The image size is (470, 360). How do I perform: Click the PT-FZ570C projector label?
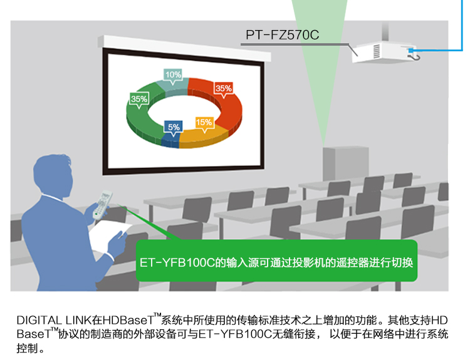pyautogui.click(x=283, y=35)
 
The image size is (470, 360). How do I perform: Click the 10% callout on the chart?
pyautogui.click(x=173, y=76)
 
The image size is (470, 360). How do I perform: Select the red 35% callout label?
pyautogui.click(x=224, y=90)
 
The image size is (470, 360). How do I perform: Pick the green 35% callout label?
pyautogui.click(x=139, y=100)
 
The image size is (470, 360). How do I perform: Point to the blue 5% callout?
pyautogui.click(x=174, y=128)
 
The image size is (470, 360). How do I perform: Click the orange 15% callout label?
pyautogui.click(x=204, y=123)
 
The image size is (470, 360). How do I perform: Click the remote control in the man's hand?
pyautogui.click(x=102, y=204)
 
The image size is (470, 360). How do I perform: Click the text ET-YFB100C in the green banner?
pyautogui.click(x=177, y=263)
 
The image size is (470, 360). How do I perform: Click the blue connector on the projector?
pyautogui.click(x=411, y=50)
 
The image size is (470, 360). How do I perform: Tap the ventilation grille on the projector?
pyautogui.click(x=377, y=51)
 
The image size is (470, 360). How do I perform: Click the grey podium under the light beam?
pyautogui.click(x=345, y=163)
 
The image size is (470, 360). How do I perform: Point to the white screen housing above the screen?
pyautogui.click(x=184, y=48)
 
